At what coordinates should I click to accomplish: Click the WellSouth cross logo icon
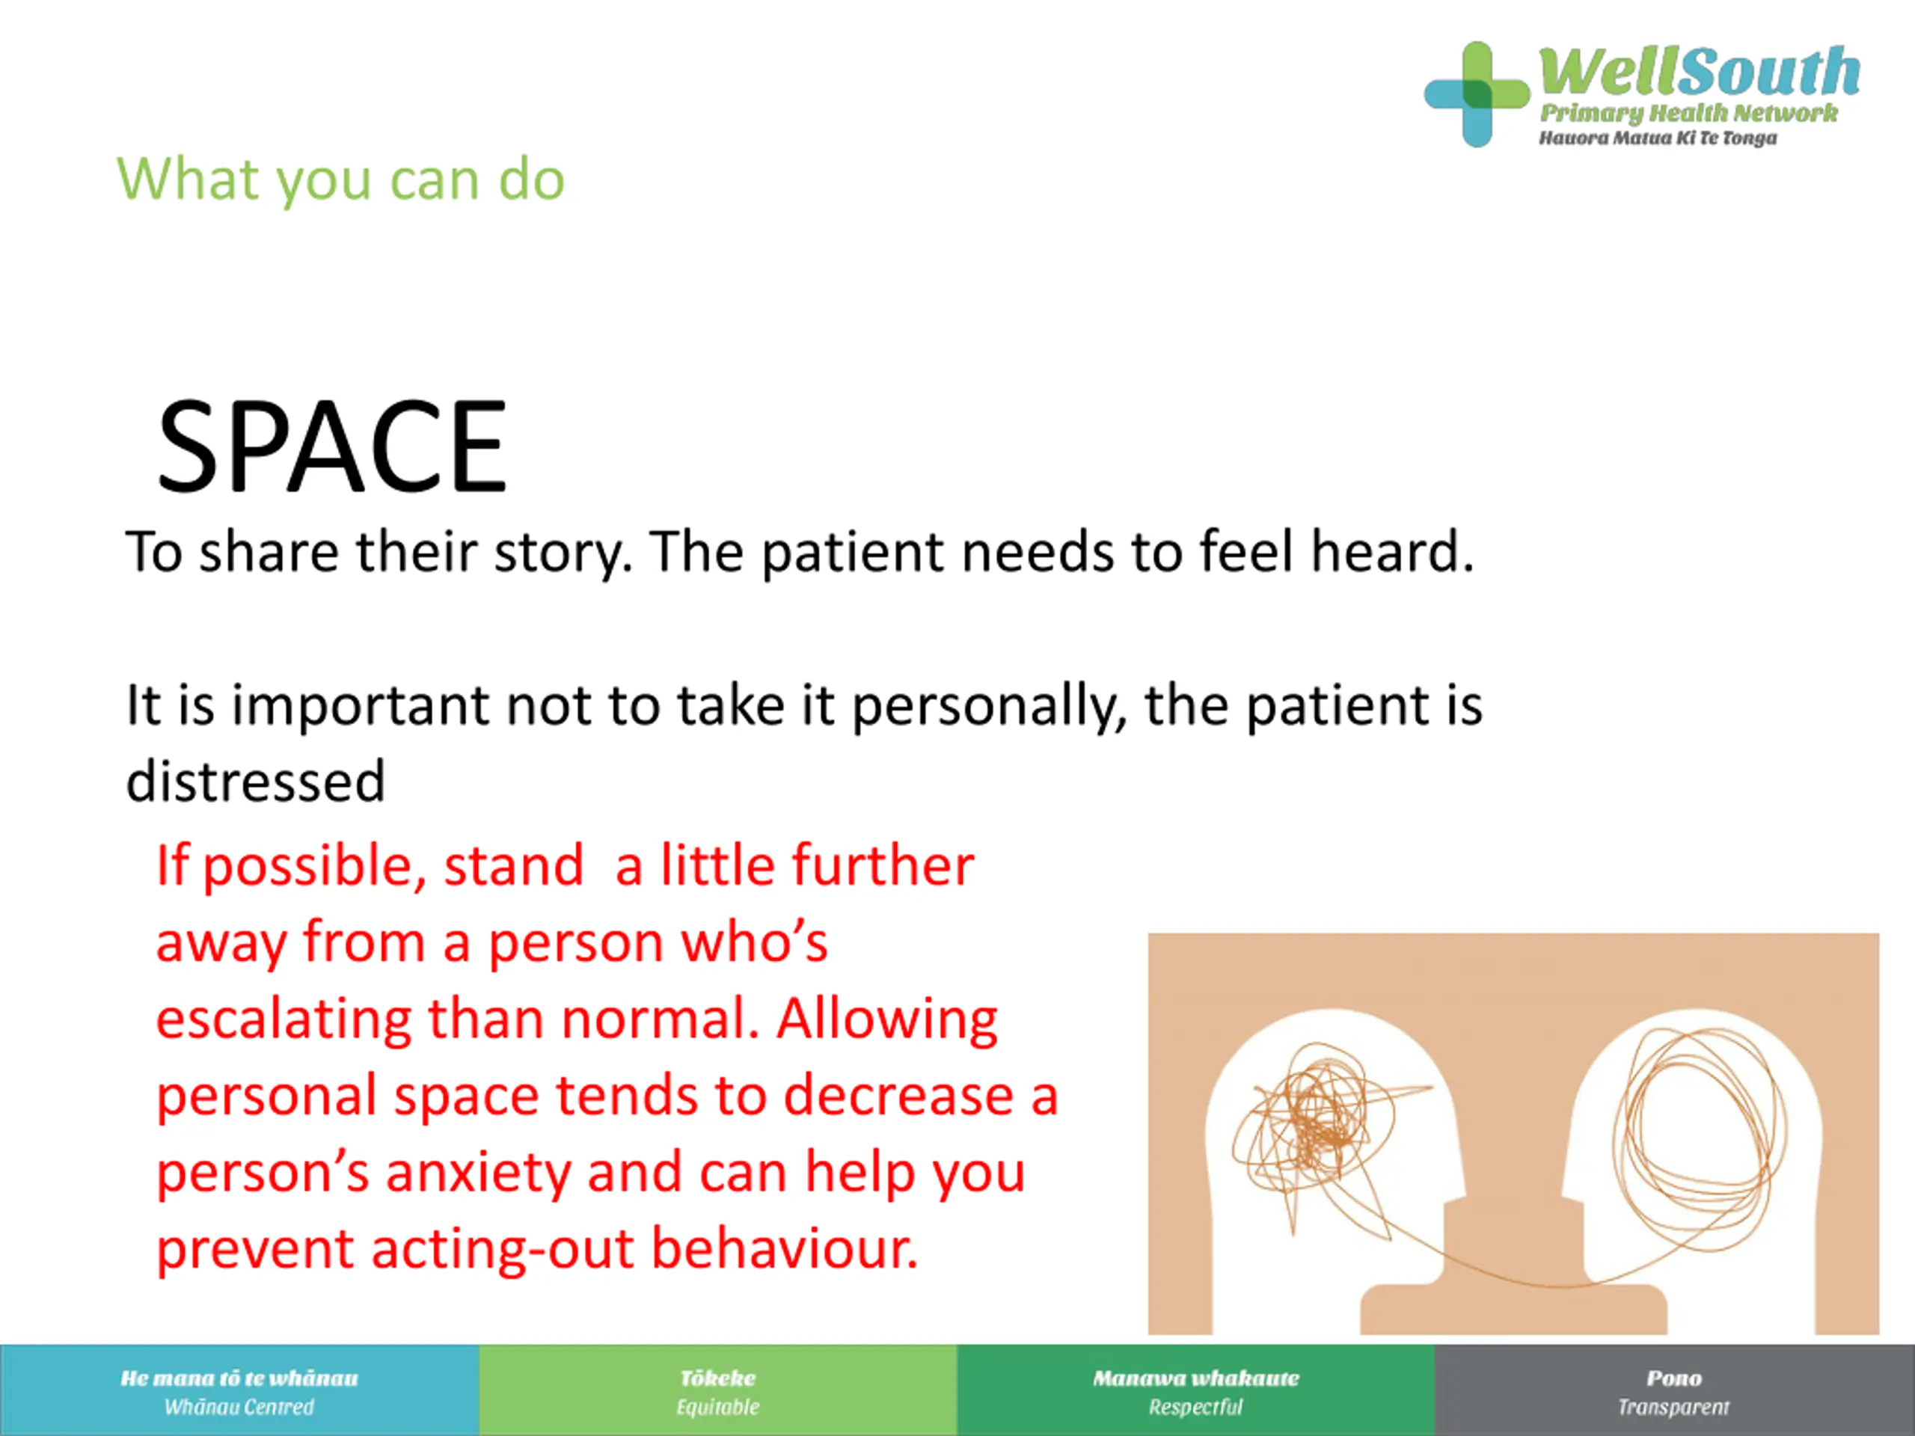point(1477,94)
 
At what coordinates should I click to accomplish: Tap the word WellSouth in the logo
point(1700,72)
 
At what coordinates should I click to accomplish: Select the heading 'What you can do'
point(341,180)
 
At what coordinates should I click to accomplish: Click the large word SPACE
point(331,447)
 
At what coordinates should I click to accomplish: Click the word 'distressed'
point(255,782)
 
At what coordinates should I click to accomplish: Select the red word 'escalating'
point(283,1020)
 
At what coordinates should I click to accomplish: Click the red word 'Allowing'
point(887,1020)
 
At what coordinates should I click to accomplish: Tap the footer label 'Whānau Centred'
point(239,1407)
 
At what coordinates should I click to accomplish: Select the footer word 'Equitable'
point(717,1407)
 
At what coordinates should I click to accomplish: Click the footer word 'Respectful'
point(1195,1407)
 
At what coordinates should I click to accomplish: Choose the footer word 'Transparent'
point(1673,1407)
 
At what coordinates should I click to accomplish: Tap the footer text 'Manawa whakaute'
point(1195,1377)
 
